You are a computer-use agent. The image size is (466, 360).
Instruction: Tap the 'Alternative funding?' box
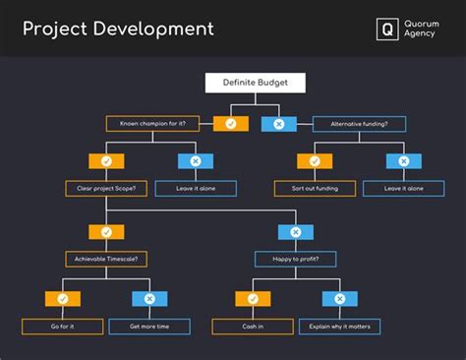pos(358,124)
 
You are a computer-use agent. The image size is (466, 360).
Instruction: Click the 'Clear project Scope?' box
pos(106,188)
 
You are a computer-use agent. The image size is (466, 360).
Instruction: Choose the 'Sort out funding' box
pos(315,188)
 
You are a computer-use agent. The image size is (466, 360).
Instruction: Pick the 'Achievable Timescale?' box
pos(106,259)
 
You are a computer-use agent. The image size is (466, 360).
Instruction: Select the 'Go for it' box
pos(63,326)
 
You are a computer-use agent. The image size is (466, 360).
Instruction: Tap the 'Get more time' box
pos(149,326)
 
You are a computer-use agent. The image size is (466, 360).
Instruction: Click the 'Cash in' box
pos(253,326)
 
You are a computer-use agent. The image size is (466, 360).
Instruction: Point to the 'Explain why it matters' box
pos(339,326)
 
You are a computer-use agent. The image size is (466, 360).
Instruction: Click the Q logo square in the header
pos(387,30)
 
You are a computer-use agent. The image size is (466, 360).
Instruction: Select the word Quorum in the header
pos(424,23)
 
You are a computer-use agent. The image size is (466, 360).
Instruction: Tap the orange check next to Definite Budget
pos(231,124)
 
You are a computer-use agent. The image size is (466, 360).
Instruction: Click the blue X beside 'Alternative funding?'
pos(278,124)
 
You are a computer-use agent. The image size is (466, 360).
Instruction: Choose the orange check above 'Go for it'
pos(63,298)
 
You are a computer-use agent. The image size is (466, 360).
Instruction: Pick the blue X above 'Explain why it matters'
pos(339,298)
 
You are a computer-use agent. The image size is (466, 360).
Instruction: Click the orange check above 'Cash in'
pos(253,298)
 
